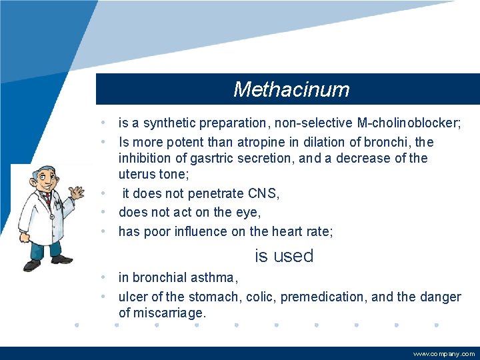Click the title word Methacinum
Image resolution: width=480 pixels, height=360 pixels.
tap(291, 89)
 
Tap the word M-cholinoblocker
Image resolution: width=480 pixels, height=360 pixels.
tap(409, 123)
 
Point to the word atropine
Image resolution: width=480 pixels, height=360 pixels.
tap(267, 142)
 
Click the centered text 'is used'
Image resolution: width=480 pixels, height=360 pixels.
tap(284, 256)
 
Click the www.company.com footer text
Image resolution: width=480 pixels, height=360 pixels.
tap(444, 354)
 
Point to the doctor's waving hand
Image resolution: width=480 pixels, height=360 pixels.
tap(78, 195)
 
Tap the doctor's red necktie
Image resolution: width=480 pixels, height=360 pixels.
tap(48, 200)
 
